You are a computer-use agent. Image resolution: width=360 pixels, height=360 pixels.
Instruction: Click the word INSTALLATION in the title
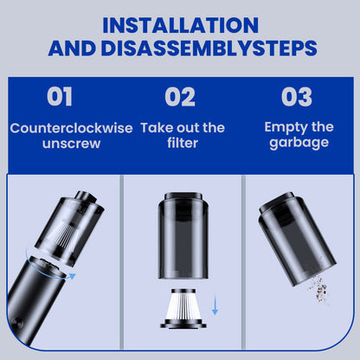coord(180,25)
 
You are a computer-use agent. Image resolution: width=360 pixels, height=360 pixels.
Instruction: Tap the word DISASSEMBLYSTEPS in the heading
coord(209,48)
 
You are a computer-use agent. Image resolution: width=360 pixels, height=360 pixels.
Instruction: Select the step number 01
coord(60,97)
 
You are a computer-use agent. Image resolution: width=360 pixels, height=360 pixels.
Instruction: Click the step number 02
coord(180,97)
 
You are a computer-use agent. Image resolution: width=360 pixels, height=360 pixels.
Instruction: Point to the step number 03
coord(297,97)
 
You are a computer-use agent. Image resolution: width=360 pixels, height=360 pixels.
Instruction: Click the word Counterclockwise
coord(71,128)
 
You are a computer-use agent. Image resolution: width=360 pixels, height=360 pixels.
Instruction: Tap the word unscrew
coord(71,144)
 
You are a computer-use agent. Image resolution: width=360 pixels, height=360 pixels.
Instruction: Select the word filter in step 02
coord(183,143)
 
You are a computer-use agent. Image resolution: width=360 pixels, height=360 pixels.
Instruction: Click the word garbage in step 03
coord(299,143)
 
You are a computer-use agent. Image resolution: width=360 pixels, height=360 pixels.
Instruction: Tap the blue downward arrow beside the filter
coord(215,305)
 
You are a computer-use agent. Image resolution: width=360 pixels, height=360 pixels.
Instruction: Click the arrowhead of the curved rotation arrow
coord(72,276)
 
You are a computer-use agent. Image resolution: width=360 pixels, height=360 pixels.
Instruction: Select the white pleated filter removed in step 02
coord(183,305)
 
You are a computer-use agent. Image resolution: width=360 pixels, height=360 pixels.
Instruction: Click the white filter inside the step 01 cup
coord(61,235)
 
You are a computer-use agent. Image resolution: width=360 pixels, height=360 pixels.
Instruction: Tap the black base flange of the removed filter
coord(183,324)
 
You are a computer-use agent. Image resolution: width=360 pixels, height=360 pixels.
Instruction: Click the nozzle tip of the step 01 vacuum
coord(86,197)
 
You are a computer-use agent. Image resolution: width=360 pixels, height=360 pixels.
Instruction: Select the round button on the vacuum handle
coord(16,322)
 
